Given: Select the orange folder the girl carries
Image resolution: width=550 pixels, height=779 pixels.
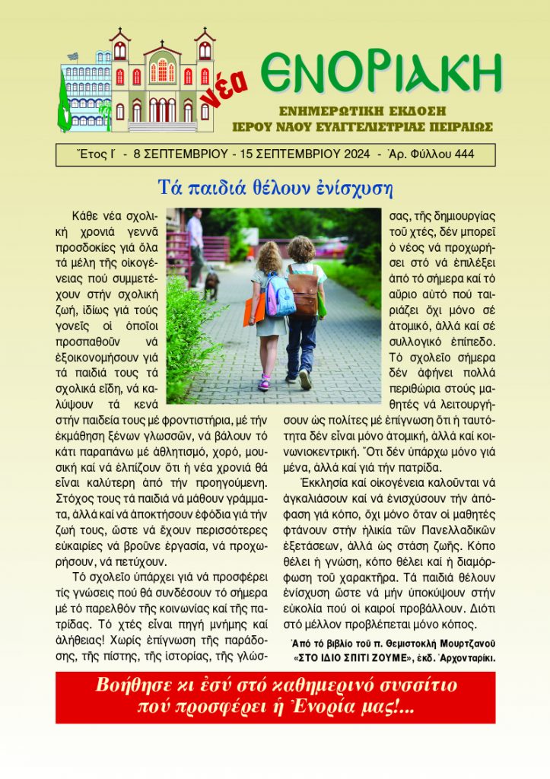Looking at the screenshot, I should [x=255, y=310].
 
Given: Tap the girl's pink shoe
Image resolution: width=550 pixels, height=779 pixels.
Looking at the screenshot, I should [x=264, y=383].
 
